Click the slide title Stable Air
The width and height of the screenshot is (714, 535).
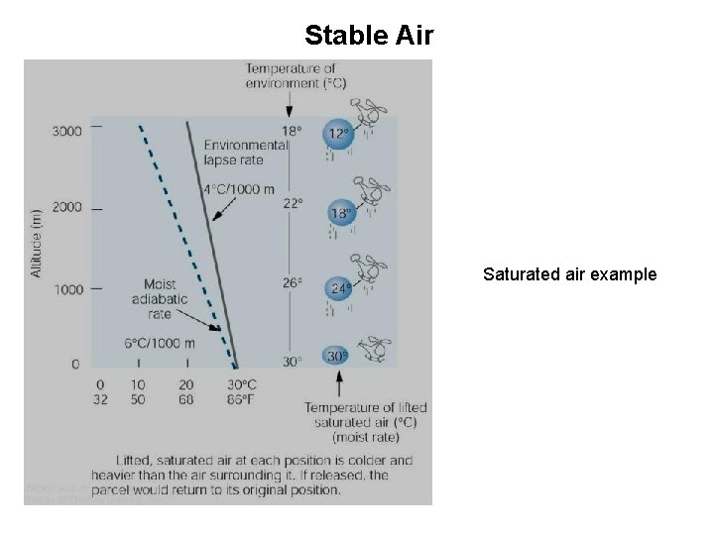pos(369,36)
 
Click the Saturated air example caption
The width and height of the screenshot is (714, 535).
pos(569,274)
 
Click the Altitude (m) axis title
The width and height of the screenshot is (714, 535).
pos(36,243)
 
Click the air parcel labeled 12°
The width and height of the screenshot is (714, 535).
pos(339,134)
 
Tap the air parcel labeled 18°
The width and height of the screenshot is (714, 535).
pos(341,212)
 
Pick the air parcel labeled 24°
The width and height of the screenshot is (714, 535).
pos(340,289)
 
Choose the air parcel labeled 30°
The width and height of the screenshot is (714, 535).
pos(338,357)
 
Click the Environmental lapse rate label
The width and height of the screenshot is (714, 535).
pos(246,152)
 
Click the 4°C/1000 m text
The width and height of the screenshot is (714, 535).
pos(238,189)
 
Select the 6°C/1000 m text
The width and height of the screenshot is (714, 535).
pos(159,343)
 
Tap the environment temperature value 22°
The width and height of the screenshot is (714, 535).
pos(291,203)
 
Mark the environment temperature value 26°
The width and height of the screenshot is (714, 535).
pos(292,282)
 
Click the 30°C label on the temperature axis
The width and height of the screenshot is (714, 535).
pos(242,384)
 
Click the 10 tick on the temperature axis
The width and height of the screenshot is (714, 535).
pos(137,384)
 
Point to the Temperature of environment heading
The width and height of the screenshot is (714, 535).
pos(297,75)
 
